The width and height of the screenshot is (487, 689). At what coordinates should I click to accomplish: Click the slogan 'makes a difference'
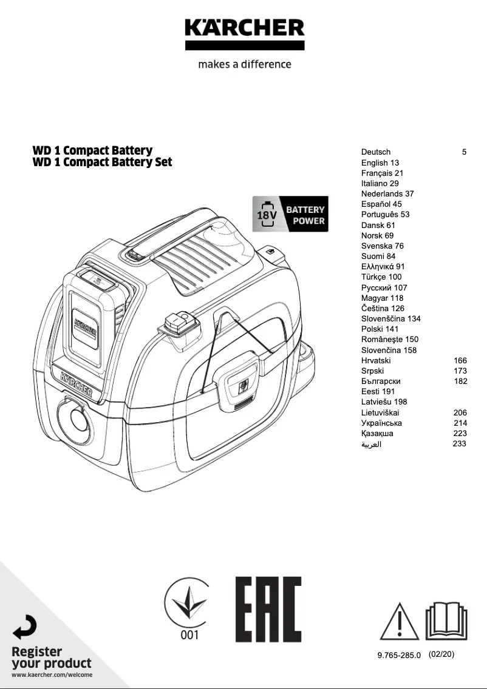pos(244,64)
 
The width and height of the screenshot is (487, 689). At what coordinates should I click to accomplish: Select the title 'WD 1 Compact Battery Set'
pos(102,162)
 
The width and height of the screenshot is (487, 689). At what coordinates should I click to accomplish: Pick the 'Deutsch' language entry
pos(376,152)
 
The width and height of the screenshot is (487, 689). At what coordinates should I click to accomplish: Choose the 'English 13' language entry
pos(380,163)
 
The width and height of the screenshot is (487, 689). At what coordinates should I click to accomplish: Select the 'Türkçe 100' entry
pos(381,277)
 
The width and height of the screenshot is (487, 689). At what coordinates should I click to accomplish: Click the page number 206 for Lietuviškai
pos(460,412)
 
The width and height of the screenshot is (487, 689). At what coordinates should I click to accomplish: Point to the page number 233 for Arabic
pos(460,444)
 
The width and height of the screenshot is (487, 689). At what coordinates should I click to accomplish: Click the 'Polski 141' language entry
pos(381,329)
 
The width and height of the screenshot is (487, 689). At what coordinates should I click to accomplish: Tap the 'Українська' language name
pos(381,423)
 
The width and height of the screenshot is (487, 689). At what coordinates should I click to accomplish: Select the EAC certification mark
pos(268,610)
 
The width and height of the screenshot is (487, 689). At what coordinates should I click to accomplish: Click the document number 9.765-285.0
pos(399,656)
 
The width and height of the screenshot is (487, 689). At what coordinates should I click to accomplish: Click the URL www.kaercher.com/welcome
pos(52,675)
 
